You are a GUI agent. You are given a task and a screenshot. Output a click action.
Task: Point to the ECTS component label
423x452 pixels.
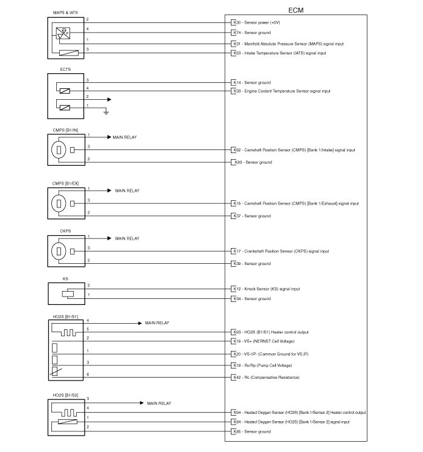point(65,70)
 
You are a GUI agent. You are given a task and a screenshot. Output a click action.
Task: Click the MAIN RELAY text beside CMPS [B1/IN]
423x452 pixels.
point(125,137)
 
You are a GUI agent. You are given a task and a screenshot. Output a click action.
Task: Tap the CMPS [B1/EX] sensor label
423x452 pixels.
point(67,183)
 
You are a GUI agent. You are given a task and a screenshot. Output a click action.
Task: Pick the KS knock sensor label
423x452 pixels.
point(65,278)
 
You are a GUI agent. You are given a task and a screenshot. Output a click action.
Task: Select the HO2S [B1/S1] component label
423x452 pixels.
point(66,317)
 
